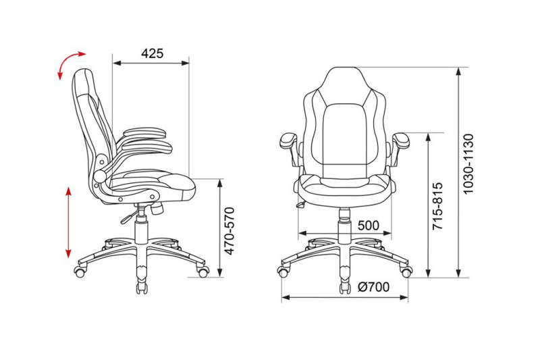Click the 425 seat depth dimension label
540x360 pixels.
point(153,53)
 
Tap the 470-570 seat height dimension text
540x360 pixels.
point(230,231)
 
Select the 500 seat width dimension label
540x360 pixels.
point(368,226)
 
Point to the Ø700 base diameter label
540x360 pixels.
point(374,286)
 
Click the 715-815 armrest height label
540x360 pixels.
point(437,206)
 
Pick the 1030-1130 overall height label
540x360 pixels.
point(468,164)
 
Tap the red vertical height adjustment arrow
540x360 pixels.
point(69,222)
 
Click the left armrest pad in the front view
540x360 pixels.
point(288,140)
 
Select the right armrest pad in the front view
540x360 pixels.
point(401,140)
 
